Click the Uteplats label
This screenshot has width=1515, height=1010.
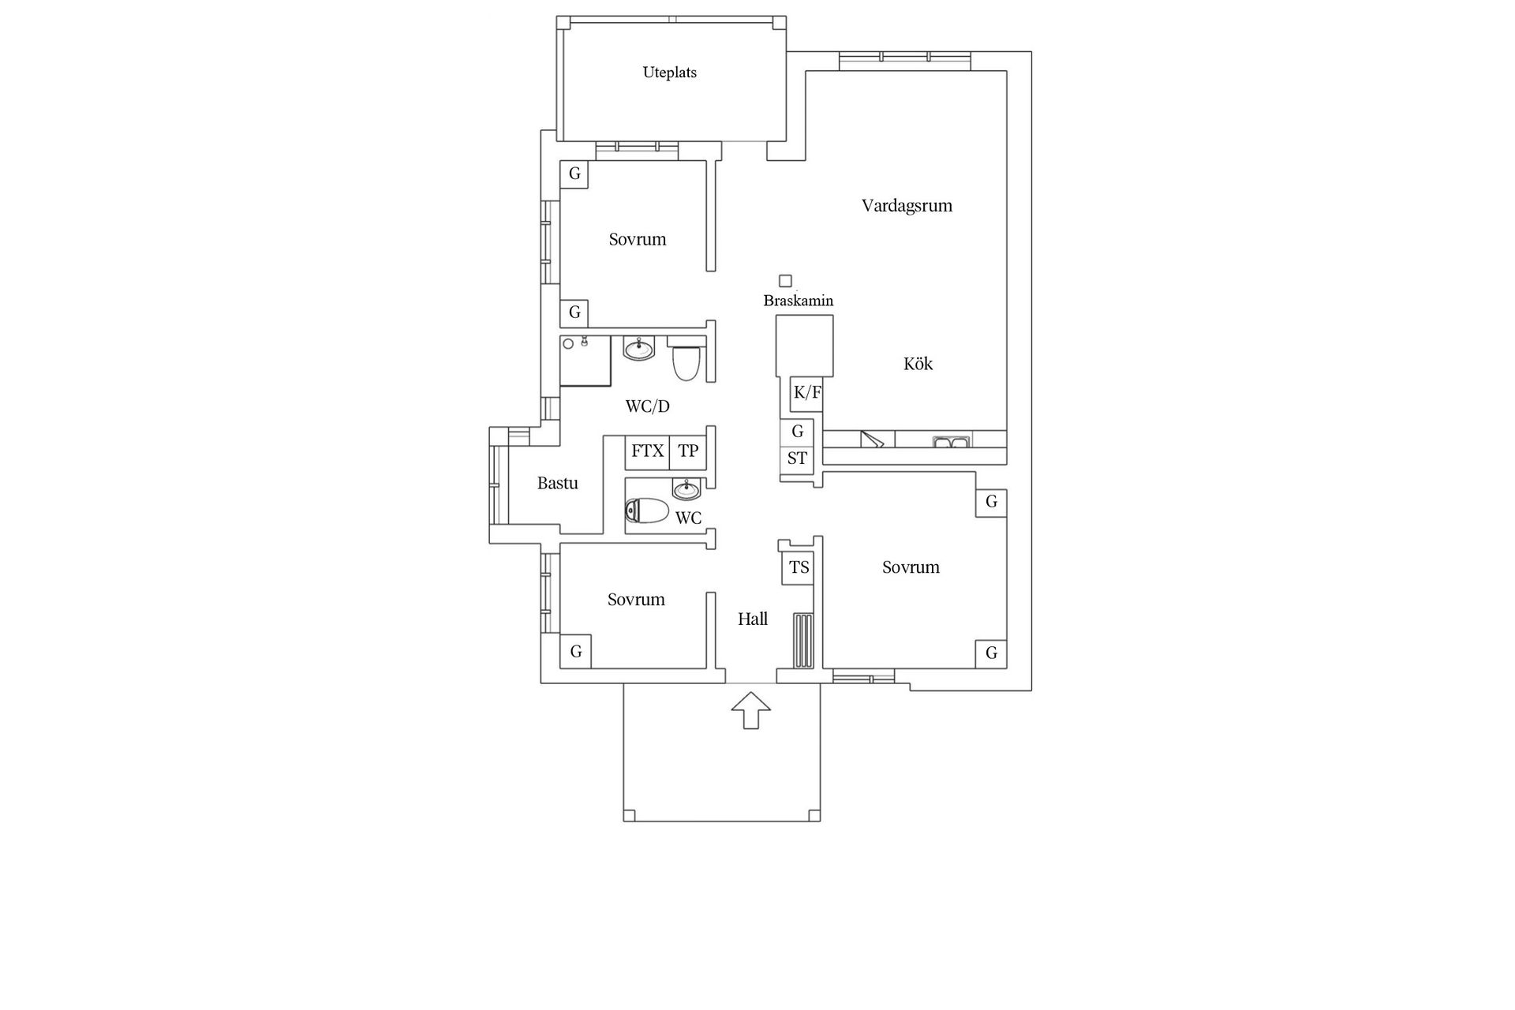point(669,73)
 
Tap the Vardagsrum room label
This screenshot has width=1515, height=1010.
point(907,206)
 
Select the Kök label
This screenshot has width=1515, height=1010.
point(918,364)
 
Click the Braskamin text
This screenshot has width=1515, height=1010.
point(798,301)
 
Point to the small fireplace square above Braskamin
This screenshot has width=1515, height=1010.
point(785,281)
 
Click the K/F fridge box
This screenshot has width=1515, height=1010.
point(806,393)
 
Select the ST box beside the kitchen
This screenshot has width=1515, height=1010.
point(797,458)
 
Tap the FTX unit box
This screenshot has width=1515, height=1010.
point(647,451)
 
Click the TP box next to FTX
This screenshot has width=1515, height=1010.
point(688,451)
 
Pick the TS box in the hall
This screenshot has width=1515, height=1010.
point(799,567)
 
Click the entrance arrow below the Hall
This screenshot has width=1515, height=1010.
point(750,710)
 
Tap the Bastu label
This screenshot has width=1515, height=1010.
point(558,483)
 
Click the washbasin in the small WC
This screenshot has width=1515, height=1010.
point(686,490)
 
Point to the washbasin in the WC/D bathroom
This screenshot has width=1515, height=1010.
point(639,348)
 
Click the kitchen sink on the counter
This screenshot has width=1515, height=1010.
point(951,440)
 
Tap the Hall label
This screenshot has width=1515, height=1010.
point(753,619)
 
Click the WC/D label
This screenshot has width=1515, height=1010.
point(647,406)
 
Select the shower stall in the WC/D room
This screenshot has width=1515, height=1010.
point(585,361)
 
